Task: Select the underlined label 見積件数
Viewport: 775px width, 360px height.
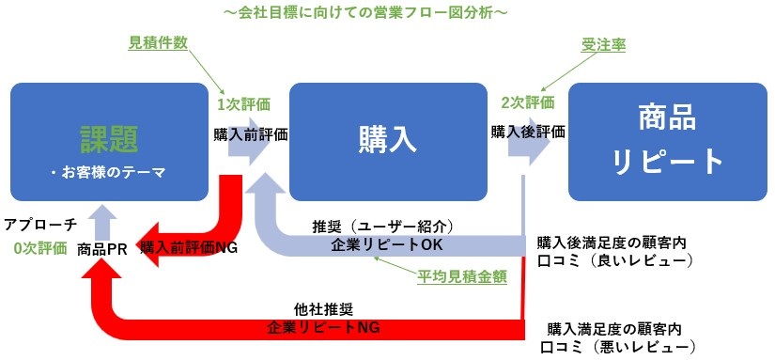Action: [x=158, y=43]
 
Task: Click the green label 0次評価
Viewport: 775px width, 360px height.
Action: [x=40, y=249]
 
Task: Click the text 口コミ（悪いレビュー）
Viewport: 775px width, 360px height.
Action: [x=621, y=347]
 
